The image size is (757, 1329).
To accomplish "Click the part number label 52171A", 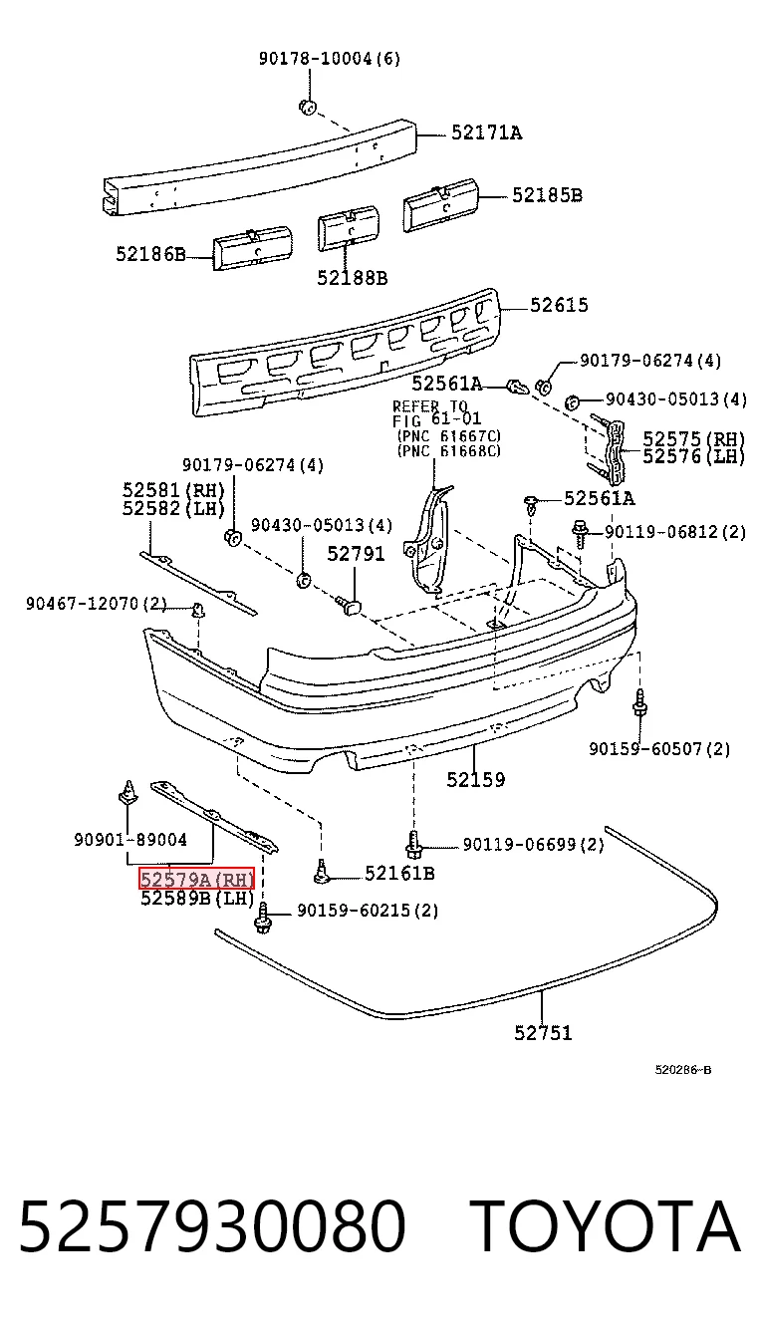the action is (486, 133).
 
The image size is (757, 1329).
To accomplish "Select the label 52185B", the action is (547, 195).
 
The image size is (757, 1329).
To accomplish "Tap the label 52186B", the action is (150, 254).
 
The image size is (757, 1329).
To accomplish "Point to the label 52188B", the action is (352, 278).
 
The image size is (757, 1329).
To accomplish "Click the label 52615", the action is (559, 305).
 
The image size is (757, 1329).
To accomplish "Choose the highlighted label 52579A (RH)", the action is (197, 878).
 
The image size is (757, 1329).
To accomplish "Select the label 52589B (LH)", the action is (197, 899).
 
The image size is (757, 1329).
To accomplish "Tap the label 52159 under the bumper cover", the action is (476, 779).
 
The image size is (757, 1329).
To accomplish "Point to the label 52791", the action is (356, 554).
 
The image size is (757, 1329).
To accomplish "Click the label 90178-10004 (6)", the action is (330, 58).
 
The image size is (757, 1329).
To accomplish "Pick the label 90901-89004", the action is (130, 840).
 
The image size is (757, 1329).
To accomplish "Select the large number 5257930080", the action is (212, 1225).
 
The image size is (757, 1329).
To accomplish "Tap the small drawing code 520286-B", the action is (683, 1070).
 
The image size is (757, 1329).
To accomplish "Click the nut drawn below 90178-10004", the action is (308, 108).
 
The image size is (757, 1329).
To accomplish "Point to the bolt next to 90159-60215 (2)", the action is (263, 918).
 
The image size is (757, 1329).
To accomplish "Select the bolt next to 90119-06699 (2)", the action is (413, 845).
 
